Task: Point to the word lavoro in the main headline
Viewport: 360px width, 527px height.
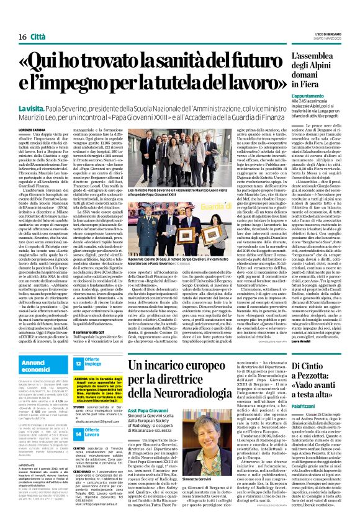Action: [243, 85]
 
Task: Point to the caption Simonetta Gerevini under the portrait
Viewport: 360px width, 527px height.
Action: [261, 463]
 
